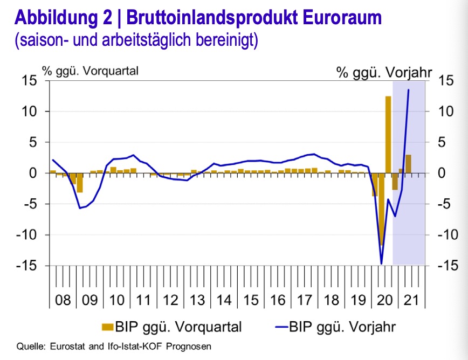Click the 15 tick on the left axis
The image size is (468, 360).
[x=29, y=81]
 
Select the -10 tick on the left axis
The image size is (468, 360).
[x=26, y=235]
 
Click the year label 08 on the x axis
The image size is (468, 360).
[x=63, y=300]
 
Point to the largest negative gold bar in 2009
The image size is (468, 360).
[x=80, y=183]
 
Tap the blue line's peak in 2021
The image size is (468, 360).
[x=408, y=89]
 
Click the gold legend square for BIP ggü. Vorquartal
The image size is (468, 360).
[x=108, y=326]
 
